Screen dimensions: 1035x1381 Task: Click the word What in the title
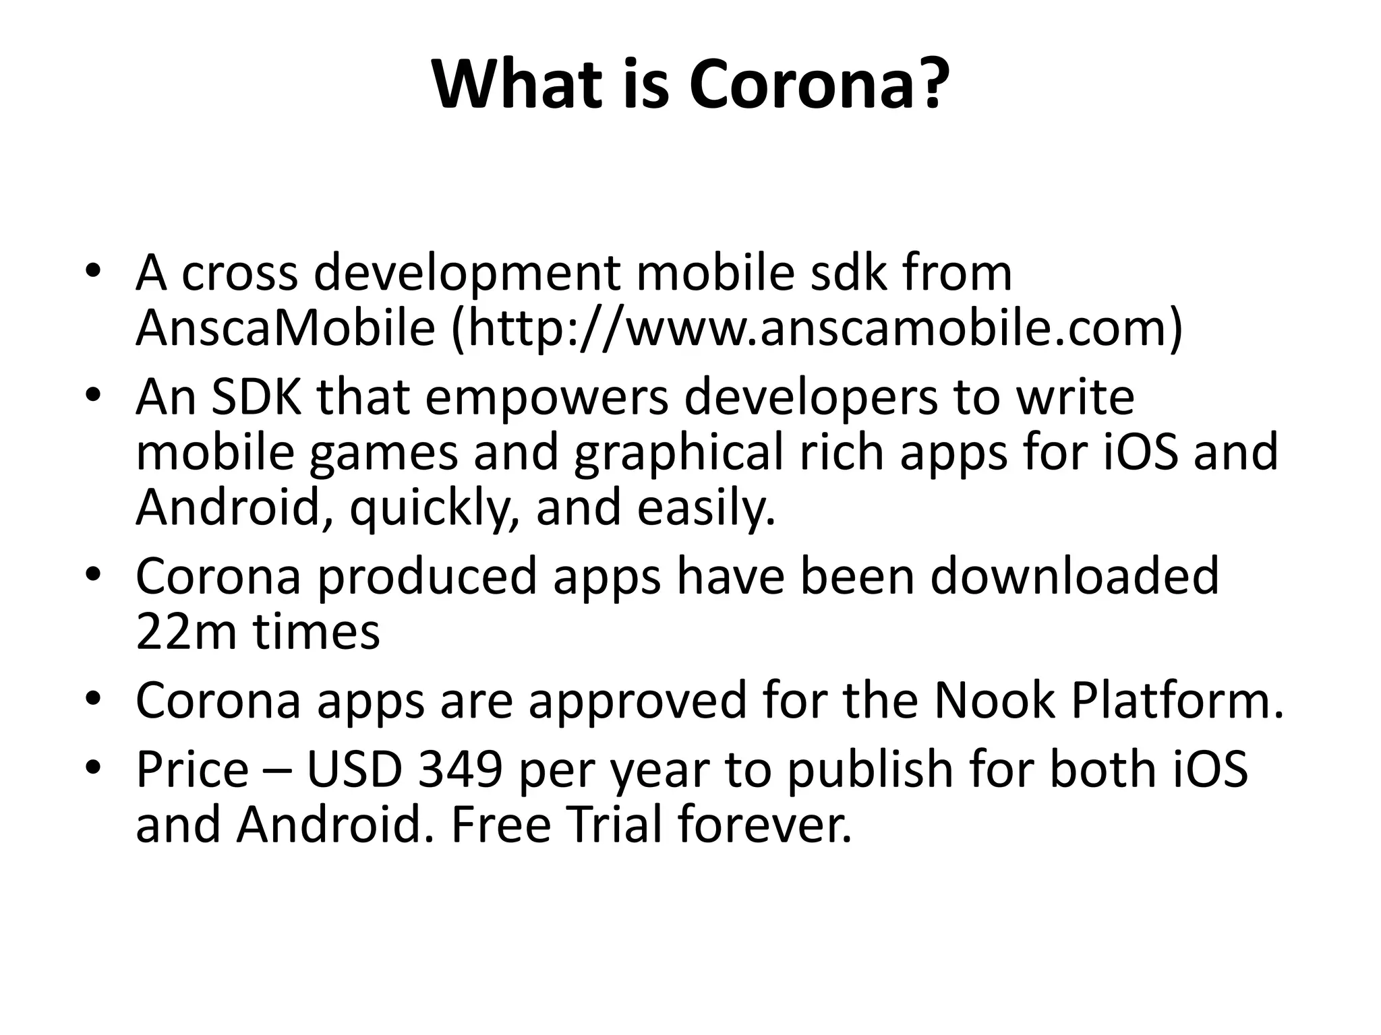point(517,86)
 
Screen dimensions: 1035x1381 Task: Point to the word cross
point(239,274)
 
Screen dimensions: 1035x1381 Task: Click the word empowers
point(547,398)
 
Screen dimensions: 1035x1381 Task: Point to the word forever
point(765,825)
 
